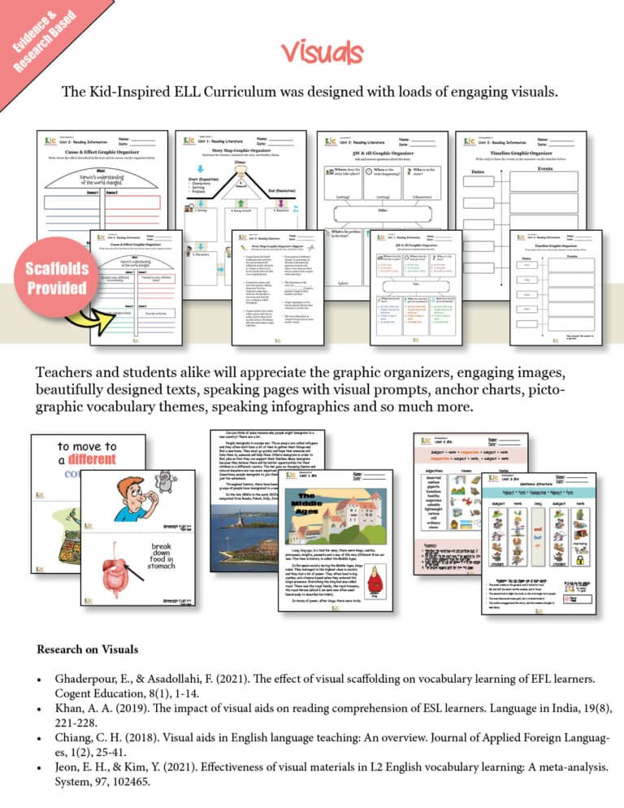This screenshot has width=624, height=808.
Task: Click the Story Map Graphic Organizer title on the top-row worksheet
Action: (240, 149)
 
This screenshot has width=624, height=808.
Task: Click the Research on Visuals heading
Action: (87, 649)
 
